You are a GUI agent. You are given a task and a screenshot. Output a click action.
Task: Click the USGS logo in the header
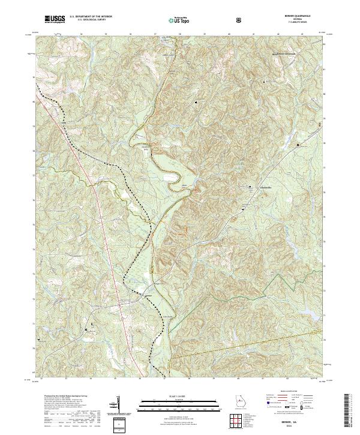tap(55, 19)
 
